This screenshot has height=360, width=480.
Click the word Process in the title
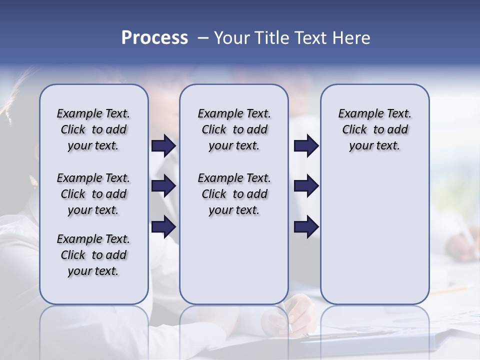pos(154,38)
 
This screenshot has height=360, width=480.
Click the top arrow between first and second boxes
pos(163,146)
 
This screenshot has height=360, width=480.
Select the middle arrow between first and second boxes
pos(163,186)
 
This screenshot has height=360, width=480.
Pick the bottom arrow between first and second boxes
pos(163,226)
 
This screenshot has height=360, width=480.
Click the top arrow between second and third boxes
pos(306,146)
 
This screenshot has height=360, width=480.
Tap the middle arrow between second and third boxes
pos(306,186)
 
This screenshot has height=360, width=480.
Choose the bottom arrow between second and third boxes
pos(306,226)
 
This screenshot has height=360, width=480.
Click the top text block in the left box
pos(93,129)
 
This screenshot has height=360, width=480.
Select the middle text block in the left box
pos(93,194)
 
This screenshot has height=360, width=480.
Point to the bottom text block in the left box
pos(93,255)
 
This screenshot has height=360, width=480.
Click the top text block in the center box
pos(234,129)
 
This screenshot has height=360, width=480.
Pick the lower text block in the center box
pos(234,194)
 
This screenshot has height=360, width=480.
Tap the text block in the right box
pos(375,129)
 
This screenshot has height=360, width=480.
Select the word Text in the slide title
pos(311,38)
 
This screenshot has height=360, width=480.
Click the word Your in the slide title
pos(231,38)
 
